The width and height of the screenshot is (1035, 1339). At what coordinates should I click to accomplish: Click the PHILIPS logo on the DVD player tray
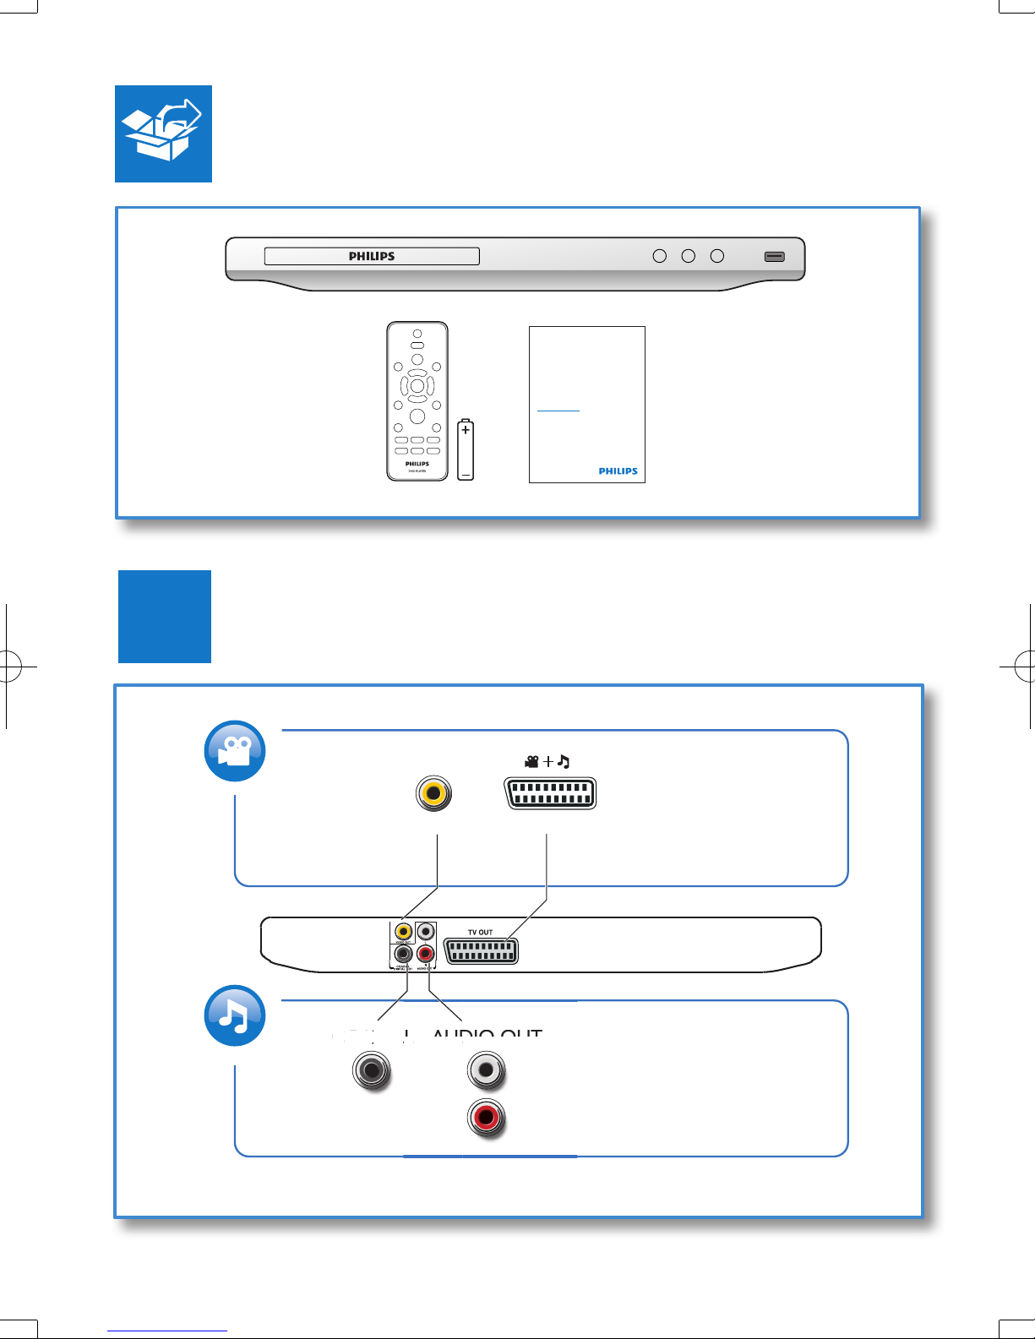pos(372,256)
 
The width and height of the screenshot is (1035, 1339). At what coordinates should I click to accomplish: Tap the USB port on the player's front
pos(774,256)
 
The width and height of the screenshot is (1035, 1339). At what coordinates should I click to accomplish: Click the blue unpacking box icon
pos(163,133)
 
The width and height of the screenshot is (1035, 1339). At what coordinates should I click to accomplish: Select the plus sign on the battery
pos(466,431)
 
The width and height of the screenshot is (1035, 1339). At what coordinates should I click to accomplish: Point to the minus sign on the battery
pos(466,475)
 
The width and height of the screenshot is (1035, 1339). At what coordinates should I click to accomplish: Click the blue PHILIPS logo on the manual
pos(618,471)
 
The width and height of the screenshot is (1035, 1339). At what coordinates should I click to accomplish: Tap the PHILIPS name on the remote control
pos(417,464)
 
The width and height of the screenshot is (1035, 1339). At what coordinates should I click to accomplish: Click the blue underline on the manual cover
pos(558,411)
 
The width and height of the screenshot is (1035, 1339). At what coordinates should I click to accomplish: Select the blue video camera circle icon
pos(236,751)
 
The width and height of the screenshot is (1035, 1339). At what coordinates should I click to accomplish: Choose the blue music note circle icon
pos(236,1015)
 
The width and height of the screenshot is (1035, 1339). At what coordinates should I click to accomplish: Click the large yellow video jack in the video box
pos(433,793)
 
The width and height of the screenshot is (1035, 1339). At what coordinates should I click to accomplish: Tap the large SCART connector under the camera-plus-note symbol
pos(550,793)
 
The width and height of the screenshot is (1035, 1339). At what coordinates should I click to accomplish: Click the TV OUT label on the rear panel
pos(480,933)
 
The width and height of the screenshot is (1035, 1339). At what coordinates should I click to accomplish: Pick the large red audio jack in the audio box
pos(486,1118)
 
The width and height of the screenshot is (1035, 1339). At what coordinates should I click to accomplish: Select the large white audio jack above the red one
pos(486,1071)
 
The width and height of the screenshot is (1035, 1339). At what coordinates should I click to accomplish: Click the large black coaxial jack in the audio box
pos(372,1070)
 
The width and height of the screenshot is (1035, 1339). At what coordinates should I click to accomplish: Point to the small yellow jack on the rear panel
pos(403,932)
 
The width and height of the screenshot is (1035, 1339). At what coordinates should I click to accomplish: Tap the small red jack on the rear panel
pos(426,955)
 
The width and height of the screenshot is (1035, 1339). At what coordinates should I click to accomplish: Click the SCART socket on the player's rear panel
pos(481,951)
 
